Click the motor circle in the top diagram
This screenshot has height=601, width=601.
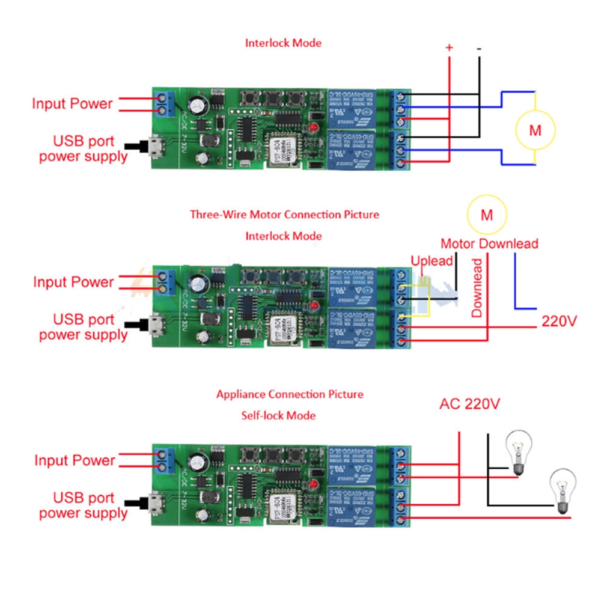pyautogui.click(x=534, y=129)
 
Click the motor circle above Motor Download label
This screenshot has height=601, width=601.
pyautogui.click(x=487, y=215)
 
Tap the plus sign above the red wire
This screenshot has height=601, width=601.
pyautogui.click(x=449, y=47)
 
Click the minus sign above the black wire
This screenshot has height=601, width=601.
pyautogui.click(x=479, y=47)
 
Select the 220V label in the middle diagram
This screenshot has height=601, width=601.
pyautogui.click(x=559, y=321)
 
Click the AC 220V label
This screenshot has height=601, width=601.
pyautogui.click(x=469, y=404)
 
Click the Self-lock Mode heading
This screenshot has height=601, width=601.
pyautogui.click(x=278, y=415)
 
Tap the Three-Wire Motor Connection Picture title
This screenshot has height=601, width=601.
pyautogui.click(x=284, y=214)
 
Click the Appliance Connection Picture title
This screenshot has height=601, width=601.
pyautogui.click(x=290, y=394)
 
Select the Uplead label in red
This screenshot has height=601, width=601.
pyautogui.click(x=432, y=261)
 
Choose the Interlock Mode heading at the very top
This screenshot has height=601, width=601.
pyautogui.click(x=283, y=43)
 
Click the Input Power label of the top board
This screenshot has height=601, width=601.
pyautogui.click(x=72, y=103)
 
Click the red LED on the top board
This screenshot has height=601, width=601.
pyautogui.click(x=314, y=127)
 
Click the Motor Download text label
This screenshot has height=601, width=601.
pyautogui.click(x=489, y=244)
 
